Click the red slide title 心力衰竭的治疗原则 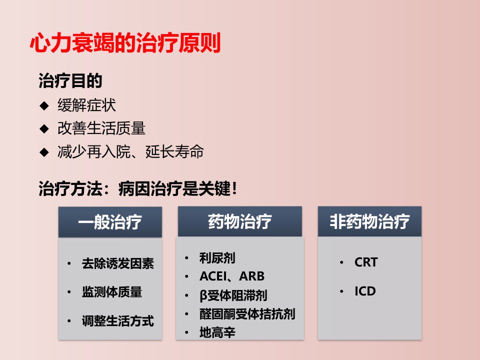click(x=125, y=43)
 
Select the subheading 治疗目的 click(x=70, y=81)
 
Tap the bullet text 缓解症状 click(x=86, y=105)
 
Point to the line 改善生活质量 click(x=101, y=128)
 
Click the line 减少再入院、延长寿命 click(x=130, y=151)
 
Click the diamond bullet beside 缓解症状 click(x=44, y=105)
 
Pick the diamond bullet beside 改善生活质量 click(x=44, y=128)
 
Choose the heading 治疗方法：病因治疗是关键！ click(x=138, y=188)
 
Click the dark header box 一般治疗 click(x=110, y=222)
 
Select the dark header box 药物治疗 click(x=240, y=221)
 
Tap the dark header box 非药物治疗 click(x=370, y=221)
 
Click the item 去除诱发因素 click(x=118, y=263)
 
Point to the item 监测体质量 click(x=111, y=291)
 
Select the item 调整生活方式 click(x=118, y=321)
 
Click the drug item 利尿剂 click(x=217, y=258)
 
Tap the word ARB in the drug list click(x=251, y=276)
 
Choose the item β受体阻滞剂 click(x=233, y=295)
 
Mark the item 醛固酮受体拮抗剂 click(x=247, y=314)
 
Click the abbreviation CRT click(x=366, y=262)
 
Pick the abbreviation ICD click(x=365, y=291)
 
